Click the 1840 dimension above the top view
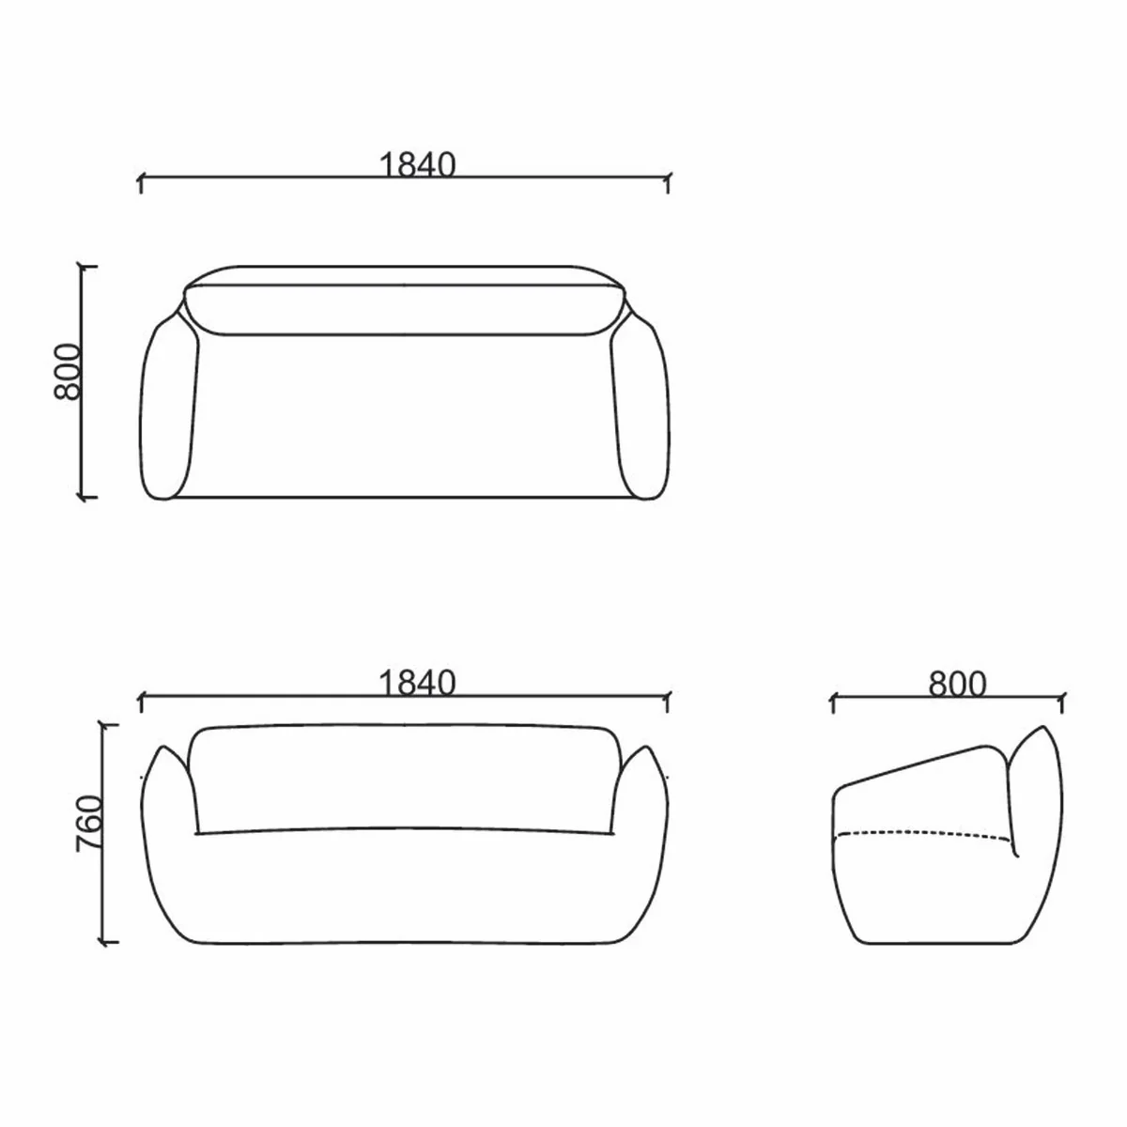(x=417, y=164)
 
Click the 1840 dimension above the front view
(x=417, y=683)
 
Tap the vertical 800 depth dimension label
(x=68, y=372)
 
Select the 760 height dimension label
(x=87, y=824)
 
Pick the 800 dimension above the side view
(x=957, y=685)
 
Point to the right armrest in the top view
(x=641, y=409)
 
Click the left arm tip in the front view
(x=167, y=751)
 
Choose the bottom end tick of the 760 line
(x=108, y=941)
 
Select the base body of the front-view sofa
(x=405, y=892)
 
